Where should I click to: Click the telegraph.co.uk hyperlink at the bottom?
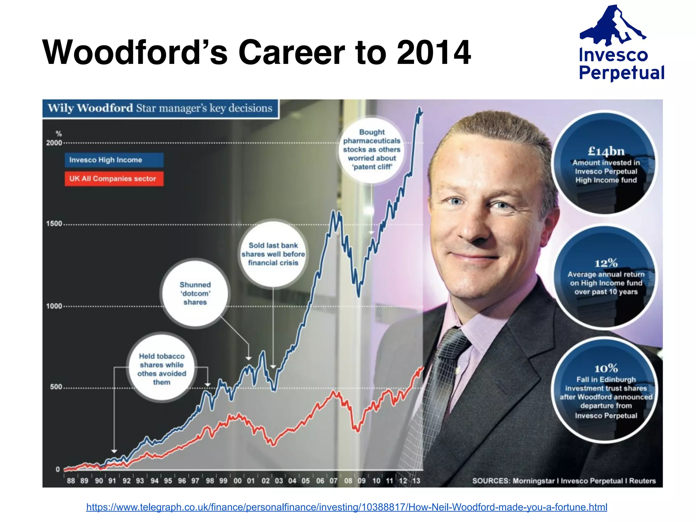pos(347,507)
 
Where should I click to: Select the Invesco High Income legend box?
pos(114,160)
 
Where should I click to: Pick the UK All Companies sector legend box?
pos(114,179)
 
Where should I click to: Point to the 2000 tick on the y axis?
pos(54,143)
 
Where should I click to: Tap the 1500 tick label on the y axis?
pos(54,224)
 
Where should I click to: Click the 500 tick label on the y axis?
pos(56,387)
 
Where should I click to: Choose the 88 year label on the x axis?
pos(71,481)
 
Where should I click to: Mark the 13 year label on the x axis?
pos(416,481)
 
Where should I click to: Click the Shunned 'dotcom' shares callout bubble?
pos(195,293)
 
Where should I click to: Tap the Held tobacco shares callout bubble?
pos(162,369)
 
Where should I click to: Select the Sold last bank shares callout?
pos(273,254)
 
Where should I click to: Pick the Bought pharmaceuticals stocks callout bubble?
pos(372,150)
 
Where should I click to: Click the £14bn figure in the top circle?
pos(606,151)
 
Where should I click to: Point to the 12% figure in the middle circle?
pos(606,263)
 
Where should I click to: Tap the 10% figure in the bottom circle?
pos(606,368)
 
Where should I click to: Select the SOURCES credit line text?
pos(564,481)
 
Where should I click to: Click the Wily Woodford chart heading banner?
pos(160,108)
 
